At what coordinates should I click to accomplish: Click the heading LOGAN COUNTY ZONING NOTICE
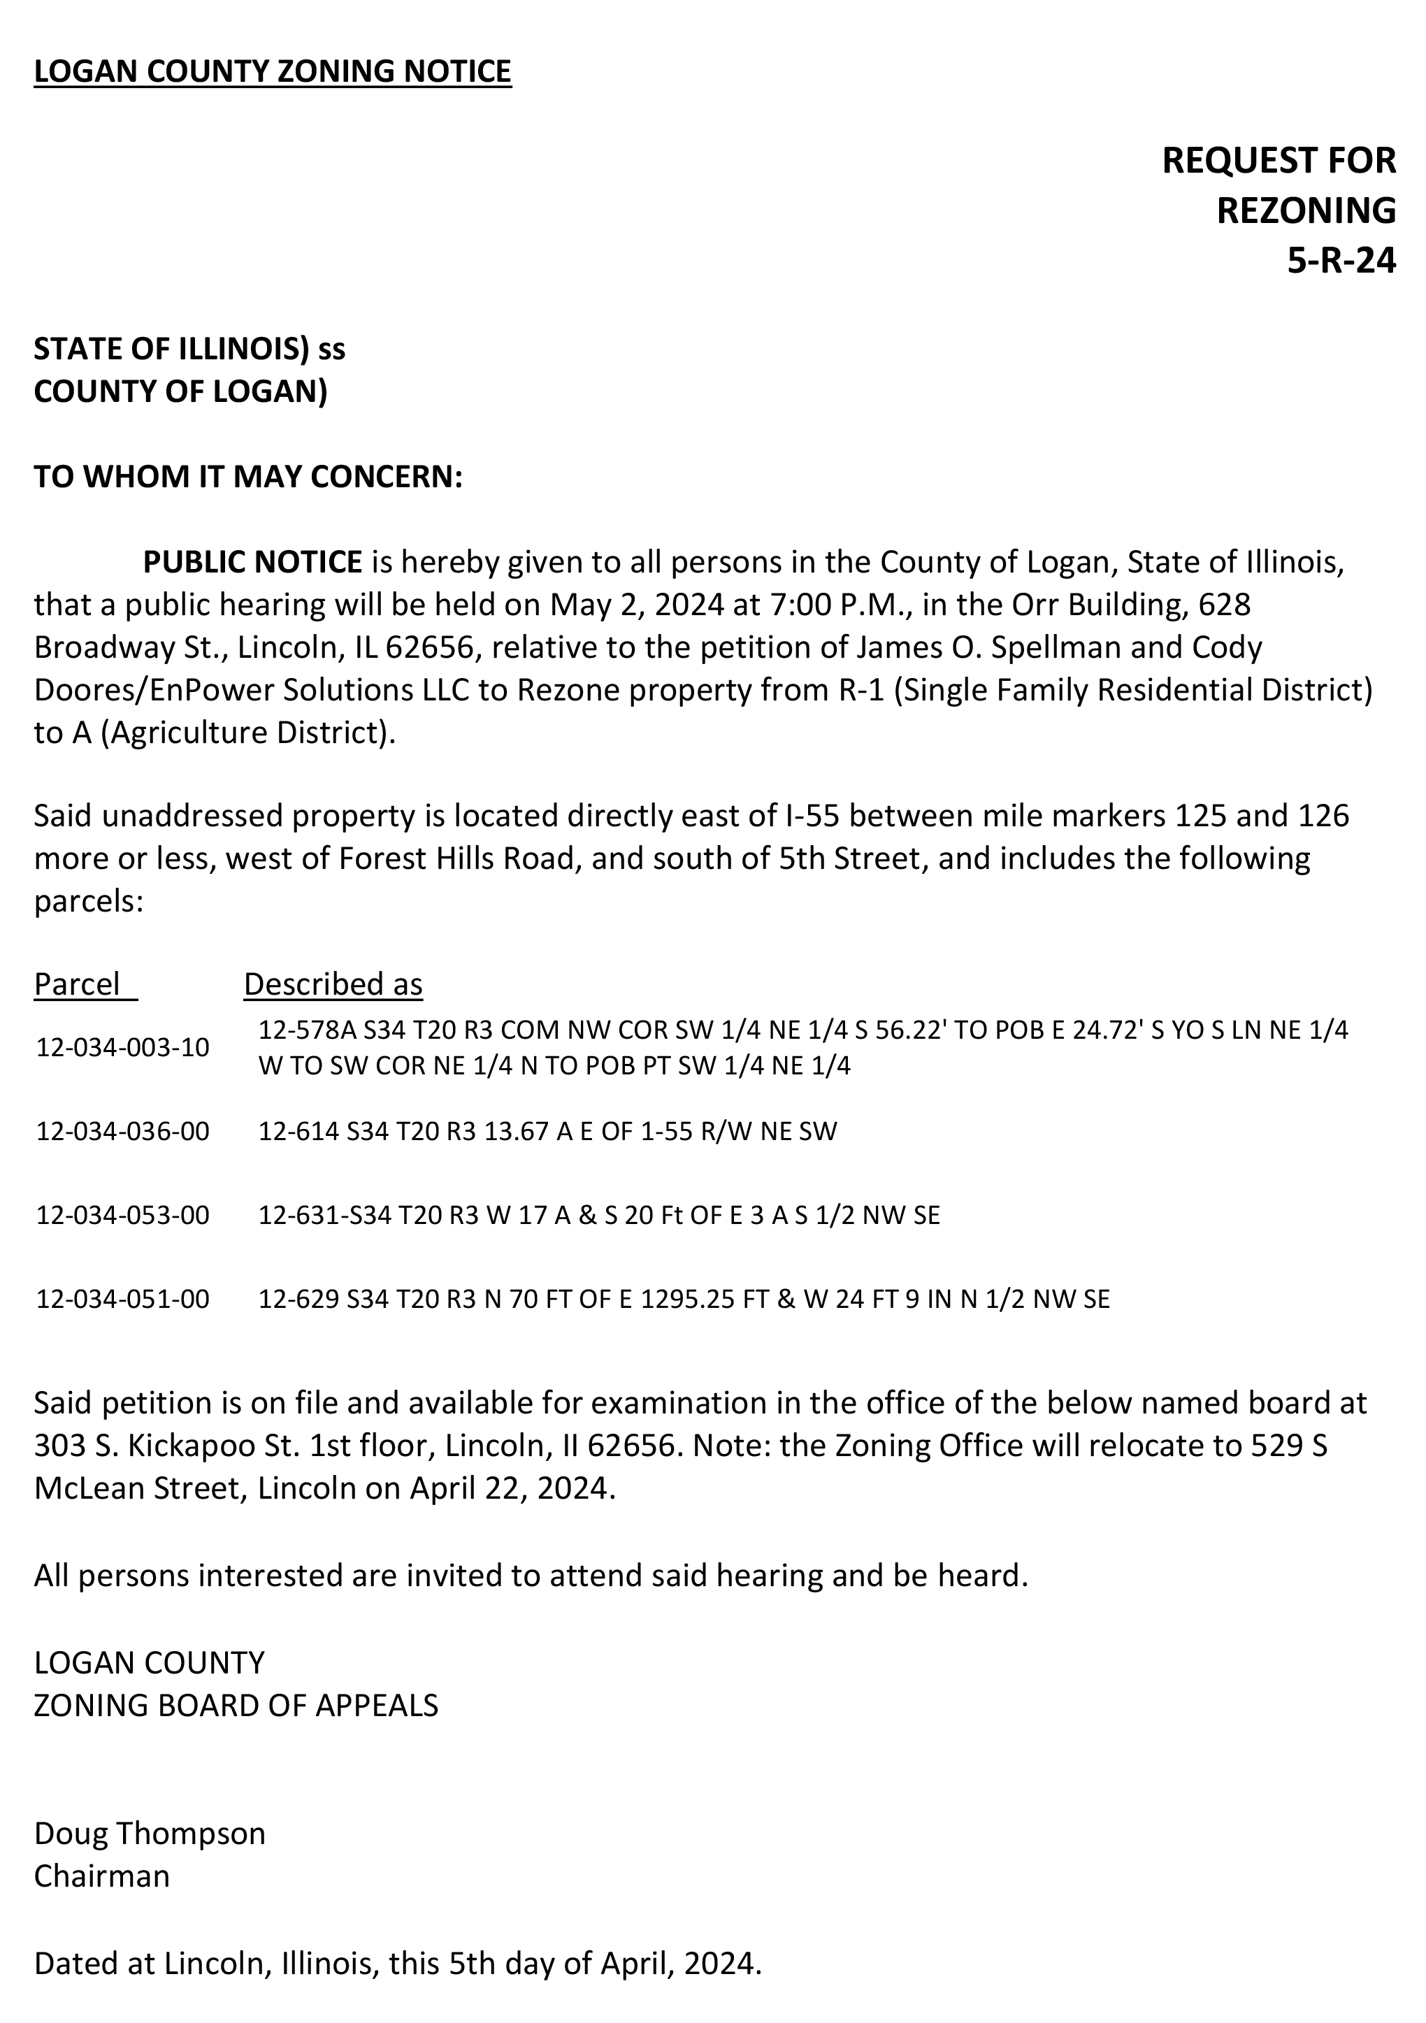273,71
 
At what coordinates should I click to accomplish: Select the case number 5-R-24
1341,261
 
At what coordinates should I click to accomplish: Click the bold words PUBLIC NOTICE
253,561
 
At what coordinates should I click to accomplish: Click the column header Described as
333,984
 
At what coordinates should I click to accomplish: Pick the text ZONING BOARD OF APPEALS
236,1705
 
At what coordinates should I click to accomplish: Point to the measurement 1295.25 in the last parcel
686,1300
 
